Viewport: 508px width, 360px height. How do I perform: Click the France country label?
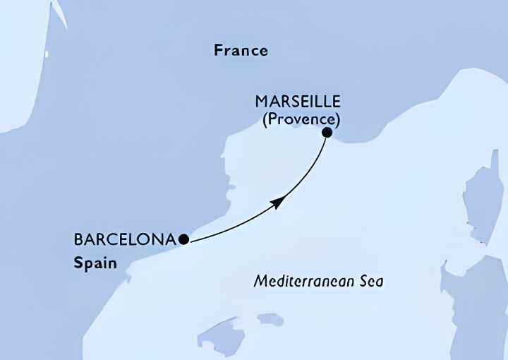point(241,50)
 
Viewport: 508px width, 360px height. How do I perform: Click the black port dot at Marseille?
point(327,132)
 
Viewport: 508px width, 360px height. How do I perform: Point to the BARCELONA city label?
point(124,239)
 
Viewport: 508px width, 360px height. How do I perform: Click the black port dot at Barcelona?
point(183,239)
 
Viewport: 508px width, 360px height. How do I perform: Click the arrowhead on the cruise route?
point(277,203)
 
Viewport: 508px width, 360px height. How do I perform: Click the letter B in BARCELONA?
point(78,239)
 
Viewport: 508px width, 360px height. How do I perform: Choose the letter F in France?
point(218,50)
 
